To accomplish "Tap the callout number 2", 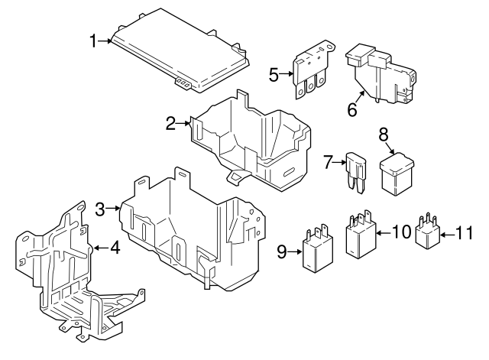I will pos(172,122).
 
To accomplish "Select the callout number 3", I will pos(100,207).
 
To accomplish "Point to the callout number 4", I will pos(115,247).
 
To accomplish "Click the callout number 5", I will pos(274,74).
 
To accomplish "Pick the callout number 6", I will pos(352,109).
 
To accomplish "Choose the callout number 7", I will pos(328,161).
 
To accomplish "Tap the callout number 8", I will pos(384,135).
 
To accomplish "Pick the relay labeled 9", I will pos(318,251).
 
